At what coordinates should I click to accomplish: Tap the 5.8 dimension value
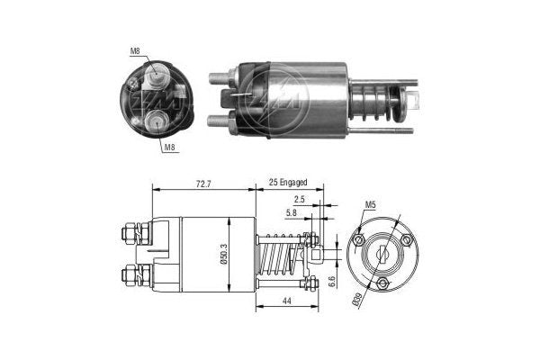tap(292, 212)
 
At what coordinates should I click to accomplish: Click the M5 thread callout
tap(370, 205)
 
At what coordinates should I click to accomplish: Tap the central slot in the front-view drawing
tap(382, 255)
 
